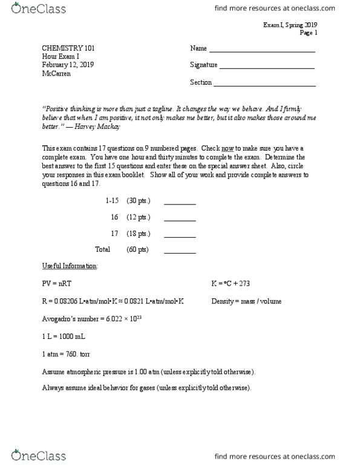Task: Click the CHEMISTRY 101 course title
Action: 68,48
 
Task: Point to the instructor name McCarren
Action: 57,74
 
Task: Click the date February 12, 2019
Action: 68,65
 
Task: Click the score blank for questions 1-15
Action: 180,204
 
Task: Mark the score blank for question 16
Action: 180,220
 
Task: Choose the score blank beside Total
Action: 180,252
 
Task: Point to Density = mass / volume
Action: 246,301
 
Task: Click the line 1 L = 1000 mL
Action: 64,336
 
